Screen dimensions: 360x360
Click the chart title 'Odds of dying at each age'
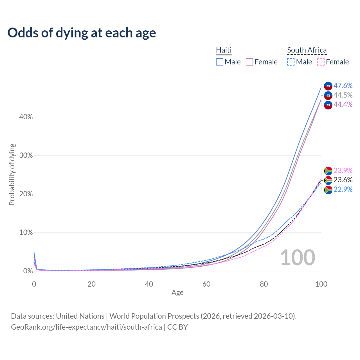82,33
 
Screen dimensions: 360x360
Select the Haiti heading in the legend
224,50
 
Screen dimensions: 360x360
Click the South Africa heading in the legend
307,50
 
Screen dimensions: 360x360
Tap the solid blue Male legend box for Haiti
220,62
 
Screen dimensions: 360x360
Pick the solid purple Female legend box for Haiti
249,62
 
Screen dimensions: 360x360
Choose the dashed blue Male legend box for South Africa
291,62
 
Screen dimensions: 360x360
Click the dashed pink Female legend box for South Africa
321,62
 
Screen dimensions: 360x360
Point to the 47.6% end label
343,85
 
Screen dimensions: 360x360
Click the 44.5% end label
343,95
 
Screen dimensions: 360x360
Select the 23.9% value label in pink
343,170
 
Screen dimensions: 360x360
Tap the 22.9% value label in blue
343,189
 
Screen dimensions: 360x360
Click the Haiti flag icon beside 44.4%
328,105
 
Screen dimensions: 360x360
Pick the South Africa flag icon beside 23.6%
328,180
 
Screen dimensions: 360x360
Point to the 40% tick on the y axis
26,117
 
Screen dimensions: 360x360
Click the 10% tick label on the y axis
26,233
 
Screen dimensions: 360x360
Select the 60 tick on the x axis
206,284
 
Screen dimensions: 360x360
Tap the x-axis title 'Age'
177,293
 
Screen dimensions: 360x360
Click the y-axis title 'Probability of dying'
12,174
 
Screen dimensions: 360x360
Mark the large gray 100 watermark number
298,257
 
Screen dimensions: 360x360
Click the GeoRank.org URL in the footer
86,327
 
